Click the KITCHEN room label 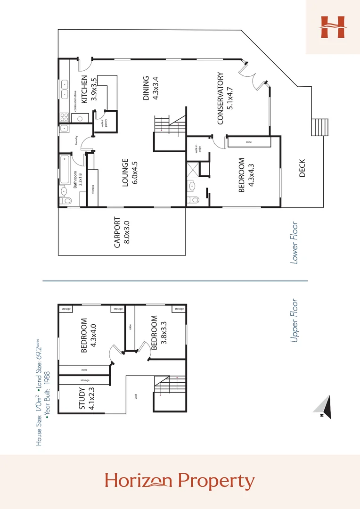point(84,89)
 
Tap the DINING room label point(146,88)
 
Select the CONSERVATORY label point(220,99)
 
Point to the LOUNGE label point(125,172)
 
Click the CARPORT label point(117,232)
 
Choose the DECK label point(302,168)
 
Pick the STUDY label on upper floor point(82,398)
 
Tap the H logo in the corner point(332,27)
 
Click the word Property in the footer point(221,481)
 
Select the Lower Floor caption point(295,243)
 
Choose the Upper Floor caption point(295,320)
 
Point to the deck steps point(319,127)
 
